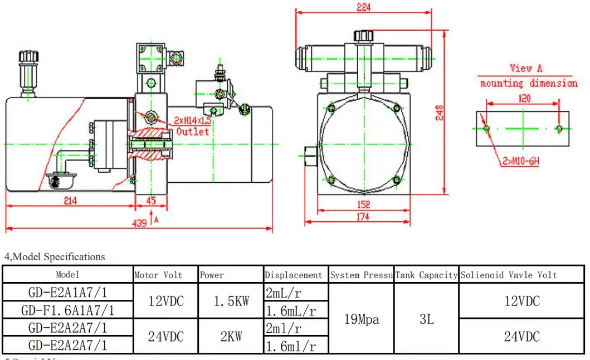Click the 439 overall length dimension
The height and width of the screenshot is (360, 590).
[139, 223]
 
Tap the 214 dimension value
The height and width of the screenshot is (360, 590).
[70, 201]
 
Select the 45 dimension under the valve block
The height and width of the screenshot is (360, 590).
[151, 201]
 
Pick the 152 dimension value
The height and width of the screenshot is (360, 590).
[363, 205]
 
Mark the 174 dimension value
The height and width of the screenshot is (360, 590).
[363, 217]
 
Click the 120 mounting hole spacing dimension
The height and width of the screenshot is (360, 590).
[524, 98]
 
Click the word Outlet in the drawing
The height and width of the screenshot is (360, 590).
[193, 132]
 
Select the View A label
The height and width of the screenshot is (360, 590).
[525, 69]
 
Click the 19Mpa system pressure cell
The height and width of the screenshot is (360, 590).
[362, 319]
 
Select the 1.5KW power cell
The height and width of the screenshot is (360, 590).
[231, 301]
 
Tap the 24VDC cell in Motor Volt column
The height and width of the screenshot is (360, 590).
[165, 337]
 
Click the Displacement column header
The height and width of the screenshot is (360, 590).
[294, 275]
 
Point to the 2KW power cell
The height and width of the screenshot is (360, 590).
[231, 337]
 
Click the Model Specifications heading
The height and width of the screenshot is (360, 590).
[55, 257]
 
